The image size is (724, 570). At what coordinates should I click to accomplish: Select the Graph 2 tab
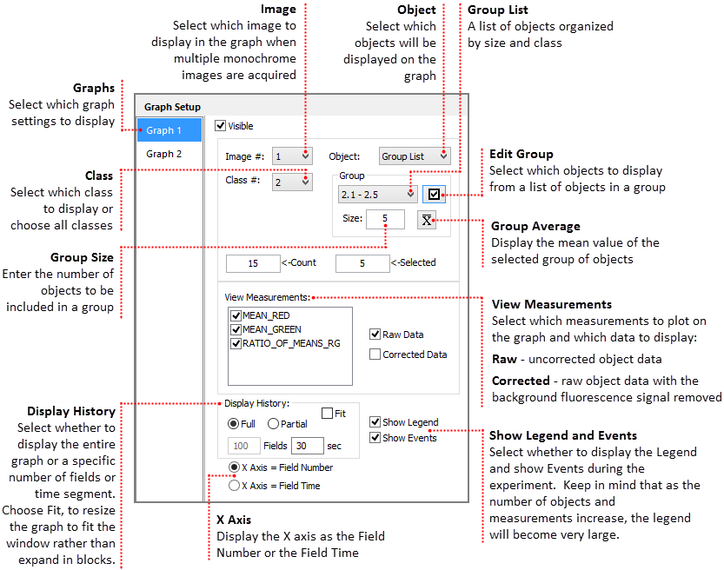(x=164, y=154)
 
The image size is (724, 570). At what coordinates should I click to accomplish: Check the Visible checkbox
(x=220, y=126)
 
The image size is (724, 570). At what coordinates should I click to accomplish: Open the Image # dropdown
(x=292, y=156)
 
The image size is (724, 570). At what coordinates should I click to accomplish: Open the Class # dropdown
(x=292, y=182)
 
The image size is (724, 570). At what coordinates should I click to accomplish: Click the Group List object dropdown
(x=415, y=156)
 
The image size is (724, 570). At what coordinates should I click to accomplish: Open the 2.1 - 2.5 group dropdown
(x=377, y=194)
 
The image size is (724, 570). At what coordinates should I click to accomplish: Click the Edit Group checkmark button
(x=434, y=194)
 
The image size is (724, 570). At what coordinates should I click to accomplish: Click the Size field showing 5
(x=385, y=219)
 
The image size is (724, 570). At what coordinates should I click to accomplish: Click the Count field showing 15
(x=252, y=262)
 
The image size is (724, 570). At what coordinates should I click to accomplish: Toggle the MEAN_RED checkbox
(x=236, y=315)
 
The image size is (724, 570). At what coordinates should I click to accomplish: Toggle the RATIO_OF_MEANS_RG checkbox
(x=236, y=343)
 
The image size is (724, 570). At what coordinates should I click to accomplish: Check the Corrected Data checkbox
(x=375, y=355)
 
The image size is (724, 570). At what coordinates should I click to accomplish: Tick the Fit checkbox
(x=328, y=414)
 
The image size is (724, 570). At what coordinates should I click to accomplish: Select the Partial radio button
(x=273, y=424)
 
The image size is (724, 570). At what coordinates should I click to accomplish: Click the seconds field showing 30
(x=306, y=446)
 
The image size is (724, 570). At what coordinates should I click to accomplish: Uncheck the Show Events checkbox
(x=375, y=438)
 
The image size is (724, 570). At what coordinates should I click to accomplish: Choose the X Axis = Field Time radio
(x=234, y=486)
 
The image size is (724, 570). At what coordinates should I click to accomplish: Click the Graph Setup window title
(x=172, y=108)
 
